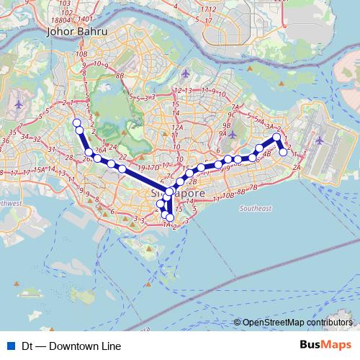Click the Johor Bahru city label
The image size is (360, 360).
coord(76,32)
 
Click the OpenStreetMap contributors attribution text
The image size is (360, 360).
coord(297,323)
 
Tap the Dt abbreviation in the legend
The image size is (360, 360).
coord(27,346)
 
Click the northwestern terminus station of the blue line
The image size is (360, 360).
coord(76,122)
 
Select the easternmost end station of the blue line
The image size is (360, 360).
coord(284,152)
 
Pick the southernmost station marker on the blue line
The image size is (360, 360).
coord(171,217)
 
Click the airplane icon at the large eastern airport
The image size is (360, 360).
coord(318,140)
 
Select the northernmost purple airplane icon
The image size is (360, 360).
coord(186,73)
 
